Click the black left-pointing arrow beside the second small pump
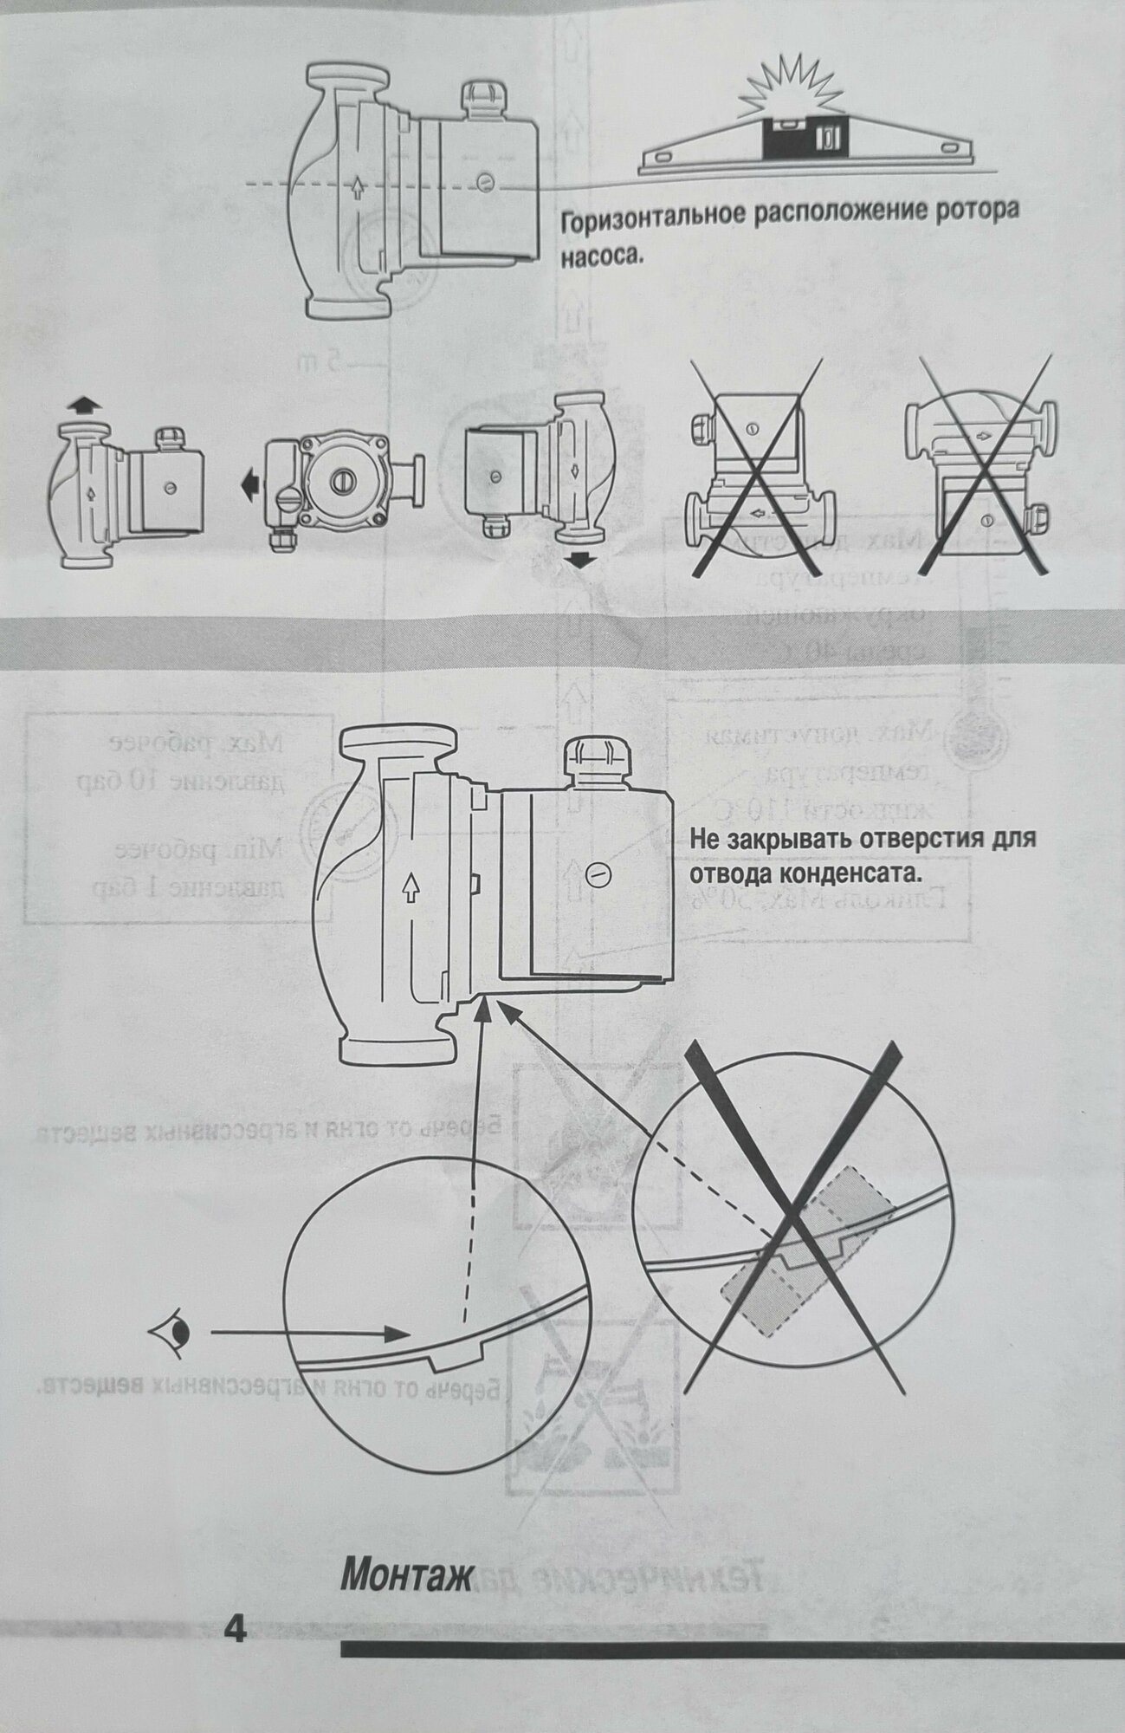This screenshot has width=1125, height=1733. (x=250, y=488)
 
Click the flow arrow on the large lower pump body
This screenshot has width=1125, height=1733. (x=411, y=886)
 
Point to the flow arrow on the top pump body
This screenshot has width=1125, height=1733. (x=359, y=186)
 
